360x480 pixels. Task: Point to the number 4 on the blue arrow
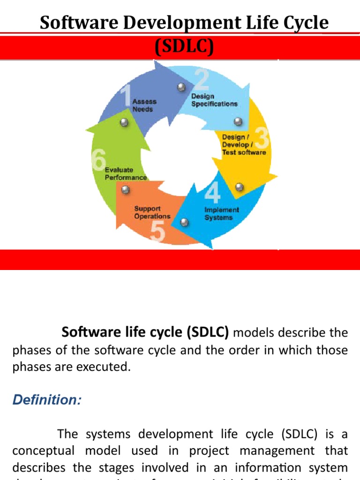pos(212,193)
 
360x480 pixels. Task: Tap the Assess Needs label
pos(144,105)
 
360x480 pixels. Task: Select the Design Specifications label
pos(214,100)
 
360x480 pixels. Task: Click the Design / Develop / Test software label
pos(244,144)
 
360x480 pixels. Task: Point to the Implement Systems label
pos(221,214)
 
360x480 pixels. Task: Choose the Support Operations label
pos(152,212)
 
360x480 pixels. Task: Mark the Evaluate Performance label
pos(125,174)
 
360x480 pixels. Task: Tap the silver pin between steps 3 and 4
pos(239,187)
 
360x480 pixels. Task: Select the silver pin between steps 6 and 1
pos(124,123)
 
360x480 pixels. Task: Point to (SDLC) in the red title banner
pos(184,47)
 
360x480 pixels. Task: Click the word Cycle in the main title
pos(305,22)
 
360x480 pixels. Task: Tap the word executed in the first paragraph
pos(105,367)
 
